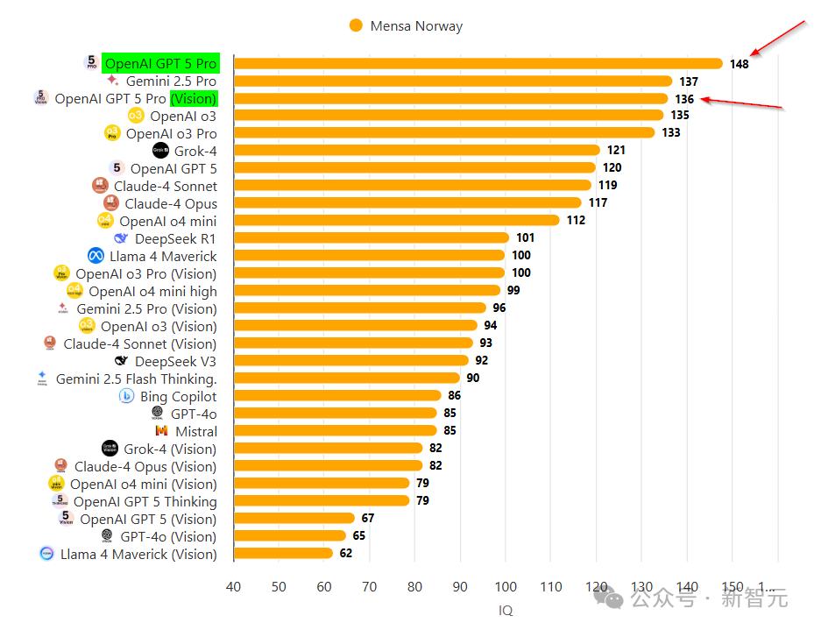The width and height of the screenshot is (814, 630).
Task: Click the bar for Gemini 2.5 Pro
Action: click(453, 81)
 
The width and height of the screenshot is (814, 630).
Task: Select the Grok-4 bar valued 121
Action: click(417, 151)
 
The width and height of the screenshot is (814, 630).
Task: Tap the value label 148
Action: click(739, 64)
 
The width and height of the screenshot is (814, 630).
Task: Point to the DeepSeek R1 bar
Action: click(372, 238)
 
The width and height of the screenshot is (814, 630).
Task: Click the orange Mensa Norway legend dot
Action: click(355, 26)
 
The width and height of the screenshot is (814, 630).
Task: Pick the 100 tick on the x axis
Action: click(506, 587)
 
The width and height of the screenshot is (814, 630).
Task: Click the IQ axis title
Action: click(506, 611)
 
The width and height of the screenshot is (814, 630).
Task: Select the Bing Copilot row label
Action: click(178, 396)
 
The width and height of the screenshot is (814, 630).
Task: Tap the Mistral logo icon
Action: click(161, 431)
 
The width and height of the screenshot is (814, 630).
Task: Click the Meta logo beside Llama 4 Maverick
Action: click(96, 256)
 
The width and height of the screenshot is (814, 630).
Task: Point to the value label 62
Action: click(345, 553)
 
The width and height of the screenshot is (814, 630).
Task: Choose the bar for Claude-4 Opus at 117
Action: click(407, 203)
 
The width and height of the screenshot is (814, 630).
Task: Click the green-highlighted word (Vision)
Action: click(194, 98)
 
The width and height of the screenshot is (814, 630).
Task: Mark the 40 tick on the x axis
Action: click(233, 587)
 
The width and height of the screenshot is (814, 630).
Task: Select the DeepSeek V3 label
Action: click(175, 361)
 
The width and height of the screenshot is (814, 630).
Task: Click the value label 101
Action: click(525, 237)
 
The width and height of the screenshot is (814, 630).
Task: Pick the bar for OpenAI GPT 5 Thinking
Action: click(322, 501)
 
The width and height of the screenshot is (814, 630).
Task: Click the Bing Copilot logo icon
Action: click(126, 396)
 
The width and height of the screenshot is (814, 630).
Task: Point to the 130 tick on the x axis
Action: click(641, 587)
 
